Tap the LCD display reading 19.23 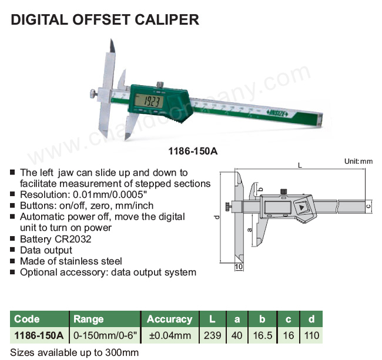pyautogui.click(x=149, y=101)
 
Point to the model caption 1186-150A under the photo pyautogui.click(x=193, y=152)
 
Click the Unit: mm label pyautogui.click(x=358, y=162)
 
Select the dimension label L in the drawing pyautogui.click(x=300, y=166)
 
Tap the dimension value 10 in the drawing pyautogui.click(x=239, y=267)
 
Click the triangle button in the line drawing pyautogui.click(x=301, y=208)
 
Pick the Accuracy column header pyautogui.click(x=170, y=319)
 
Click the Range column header pyautogui.click(x=88, y=319)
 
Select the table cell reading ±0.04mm pyautogui.click(x=170, y=335)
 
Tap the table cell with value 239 pyautogui.click(x=212, y=335)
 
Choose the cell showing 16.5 pyautogui.click(x=262, y=335)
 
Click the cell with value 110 pyautogui.click(x=311, y=335)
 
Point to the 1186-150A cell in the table pyautogui.click(x=39, y=335)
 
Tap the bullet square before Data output pyautogui.click(x=12, y=250)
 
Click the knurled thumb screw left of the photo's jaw pyautogui.click(x=93, y=94)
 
